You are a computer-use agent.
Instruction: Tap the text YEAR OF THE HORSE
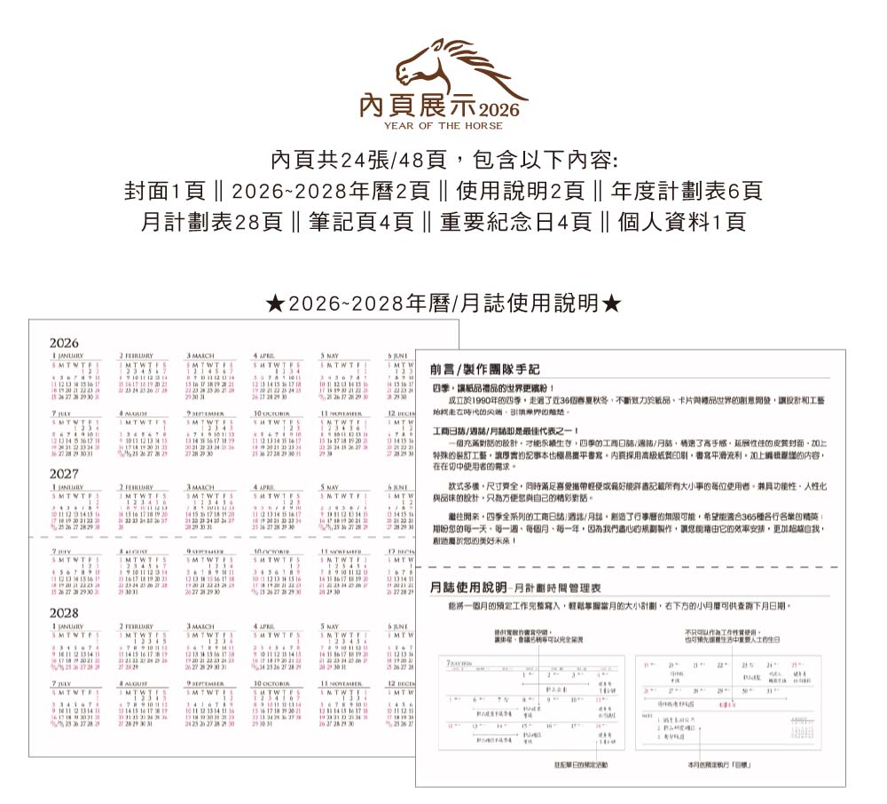tap(443, 127)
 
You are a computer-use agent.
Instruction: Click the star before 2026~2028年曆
tap(276, 304)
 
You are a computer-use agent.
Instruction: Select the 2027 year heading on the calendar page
tap(64, 474)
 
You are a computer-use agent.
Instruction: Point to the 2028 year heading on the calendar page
tap(64, 613)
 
